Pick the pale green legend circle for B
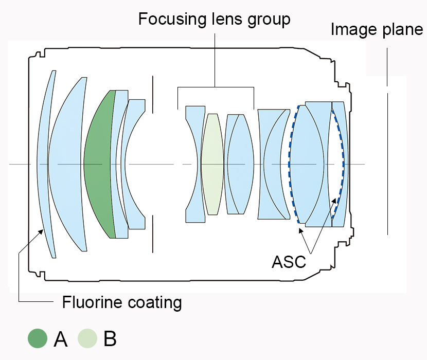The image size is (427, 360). [x=88, y=339]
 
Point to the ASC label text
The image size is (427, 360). [x=289, y=262]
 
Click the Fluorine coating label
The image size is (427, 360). [x=122, y=302]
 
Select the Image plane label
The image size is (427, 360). [x=377, y=29]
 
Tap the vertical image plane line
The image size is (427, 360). [x=387, y=165]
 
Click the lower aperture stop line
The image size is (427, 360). [x=153, y=234]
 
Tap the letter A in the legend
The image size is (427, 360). [x=61, y=339]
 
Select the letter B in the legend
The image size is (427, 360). [x=110, y=339]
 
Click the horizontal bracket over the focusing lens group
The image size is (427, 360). [x=216, y=88]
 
